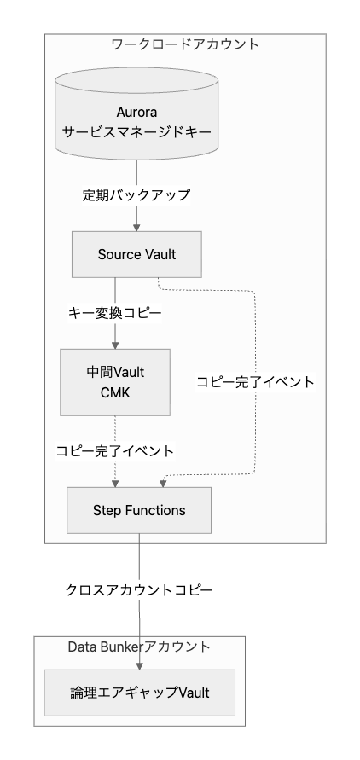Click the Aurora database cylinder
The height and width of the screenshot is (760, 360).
tap(136, 113)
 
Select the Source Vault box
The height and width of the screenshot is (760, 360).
tap(136, 254)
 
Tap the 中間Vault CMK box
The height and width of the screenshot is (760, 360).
tap(115, 382)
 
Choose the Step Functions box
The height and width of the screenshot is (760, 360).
tap(139, 510)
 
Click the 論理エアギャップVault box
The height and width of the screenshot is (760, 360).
tap(140, 693)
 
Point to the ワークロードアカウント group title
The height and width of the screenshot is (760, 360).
tap(185, 44)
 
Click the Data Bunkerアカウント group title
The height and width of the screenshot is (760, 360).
tap(139, 647)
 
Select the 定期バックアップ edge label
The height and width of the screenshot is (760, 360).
tap(136, 195)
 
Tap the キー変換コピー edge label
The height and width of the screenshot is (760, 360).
tap(115, 314)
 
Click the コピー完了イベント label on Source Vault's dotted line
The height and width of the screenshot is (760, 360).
tap(255, 382)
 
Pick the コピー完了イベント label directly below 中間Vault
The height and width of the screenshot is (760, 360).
tap(115, 451)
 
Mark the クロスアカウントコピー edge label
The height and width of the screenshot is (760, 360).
tap(139, 590)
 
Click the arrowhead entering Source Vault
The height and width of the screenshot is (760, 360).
tap(136, 228)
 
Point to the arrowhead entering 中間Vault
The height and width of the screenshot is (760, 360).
tap(115, 345)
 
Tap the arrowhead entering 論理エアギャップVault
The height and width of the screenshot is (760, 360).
tap(140, 666)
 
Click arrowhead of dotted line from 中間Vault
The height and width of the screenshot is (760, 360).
tap(115, 484)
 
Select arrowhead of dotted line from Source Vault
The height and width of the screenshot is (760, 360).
tap(163, 484)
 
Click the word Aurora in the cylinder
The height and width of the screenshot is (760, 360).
tap(136, 112)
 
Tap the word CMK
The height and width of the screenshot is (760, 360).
tap(115, 392)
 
